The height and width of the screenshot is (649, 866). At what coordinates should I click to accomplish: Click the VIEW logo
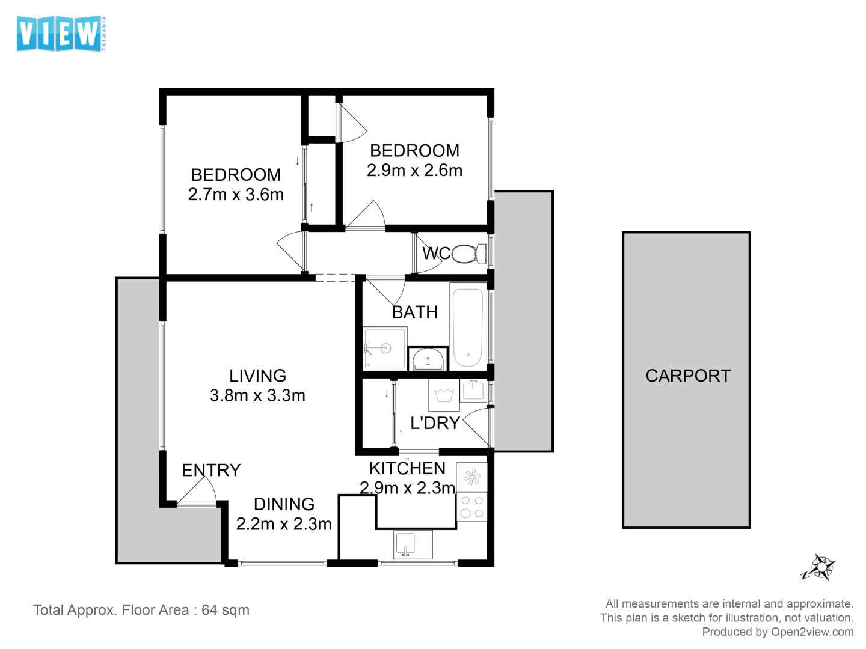point(60,34)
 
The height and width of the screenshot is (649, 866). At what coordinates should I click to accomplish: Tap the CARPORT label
point(687,376)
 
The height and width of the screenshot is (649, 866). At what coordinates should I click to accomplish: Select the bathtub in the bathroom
point(468,328)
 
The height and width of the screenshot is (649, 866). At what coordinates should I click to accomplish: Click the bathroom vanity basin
point(428,359)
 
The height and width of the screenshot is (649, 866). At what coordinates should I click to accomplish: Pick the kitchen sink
point(413,544)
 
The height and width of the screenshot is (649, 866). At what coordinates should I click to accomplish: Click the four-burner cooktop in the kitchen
point(471,507)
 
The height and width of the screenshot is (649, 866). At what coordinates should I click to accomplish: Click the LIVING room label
point(257,376)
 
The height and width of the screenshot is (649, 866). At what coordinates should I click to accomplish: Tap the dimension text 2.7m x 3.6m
point(236,195)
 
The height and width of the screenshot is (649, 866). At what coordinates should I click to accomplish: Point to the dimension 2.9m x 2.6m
point(414,171)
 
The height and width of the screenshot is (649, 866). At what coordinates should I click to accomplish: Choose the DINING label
point(284,504)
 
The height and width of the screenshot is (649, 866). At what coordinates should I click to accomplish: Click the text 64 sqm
point(225,610)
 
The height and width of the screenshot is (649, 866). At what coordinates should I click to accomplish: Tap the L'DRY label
point(434,423)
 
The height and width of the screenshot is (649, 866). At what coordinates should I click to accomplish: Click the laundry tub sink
point(473,391)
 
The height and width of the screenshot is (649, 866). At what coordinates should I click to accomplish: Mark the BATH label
point(414,312)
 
